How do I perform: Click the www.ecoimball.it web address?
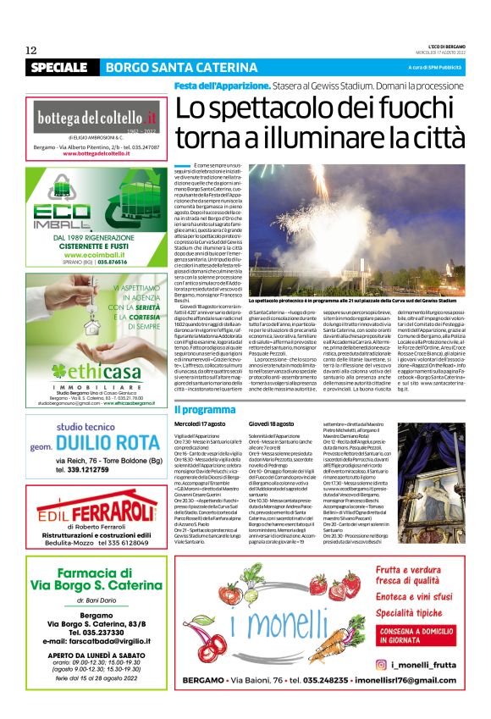pos(96,255)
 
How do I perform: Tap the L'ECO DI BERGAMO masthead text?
pos(440,46)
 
